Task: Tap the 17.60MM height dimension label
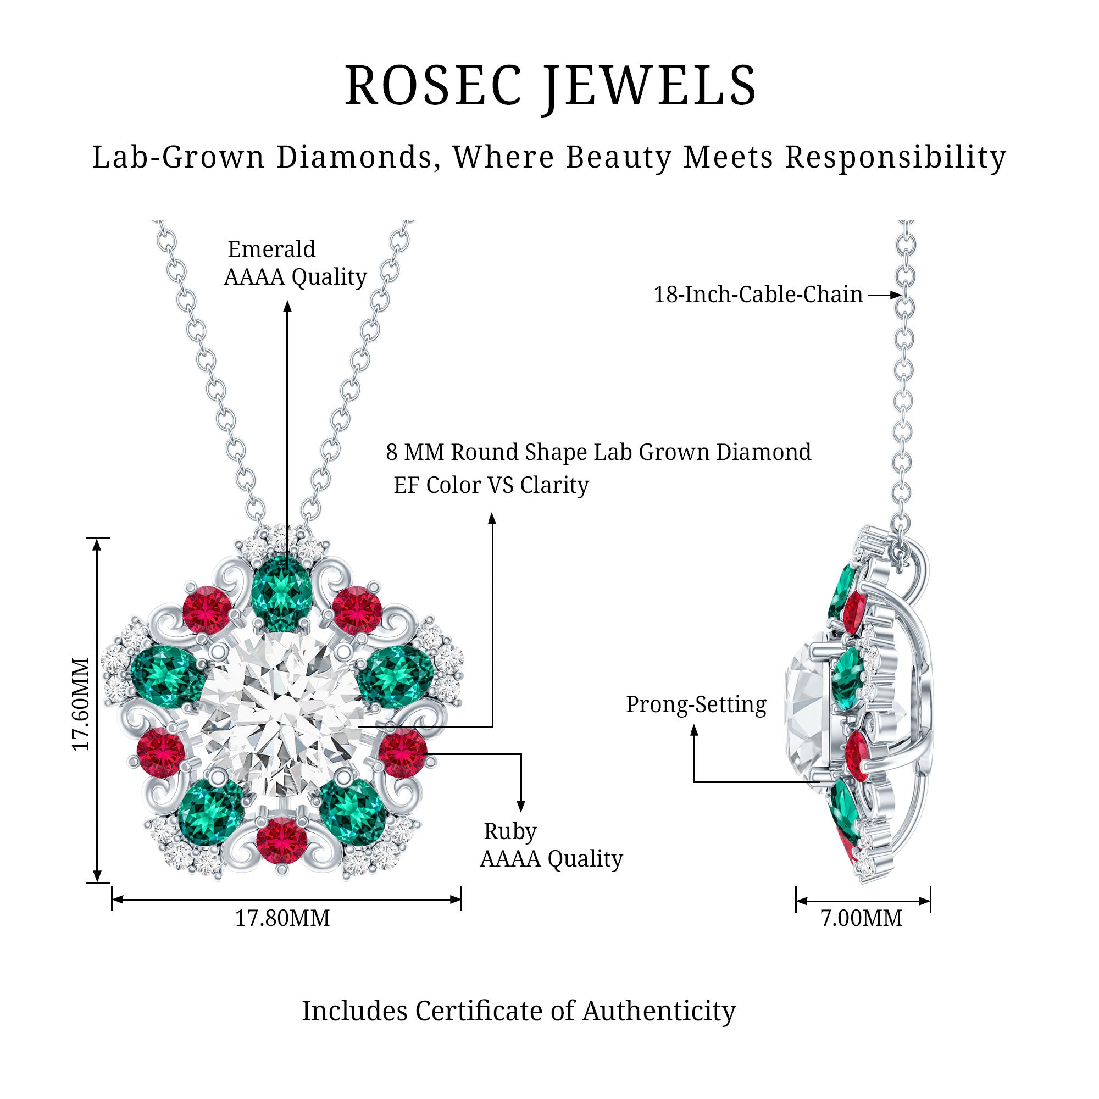pyautogui.click(x=81, y=704)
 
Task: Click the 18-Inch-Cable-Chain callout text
pyautogui.click(x=758, y=294)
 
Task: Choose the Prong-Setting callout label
pyautogui.click(x=696, y=704)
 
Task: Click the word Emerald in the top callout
pyautogui.click(x=271, y=249)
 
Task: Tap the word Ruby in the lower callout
pyautogui.click(x=510, y=831)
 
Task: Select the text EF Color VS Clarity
pyautogui.click(x=491, y=485)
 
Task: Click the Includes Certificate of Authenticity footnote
pyautogui.click(x=519, y=1011)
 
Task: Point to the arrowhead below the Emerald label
pyautogui.click(x=287, y=307)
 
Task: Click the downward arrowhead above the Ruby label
pyautogui.click(x=520, y=806)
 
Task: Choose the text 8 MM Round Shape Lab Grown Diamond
pyautogui.click(x=598, y=452)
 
